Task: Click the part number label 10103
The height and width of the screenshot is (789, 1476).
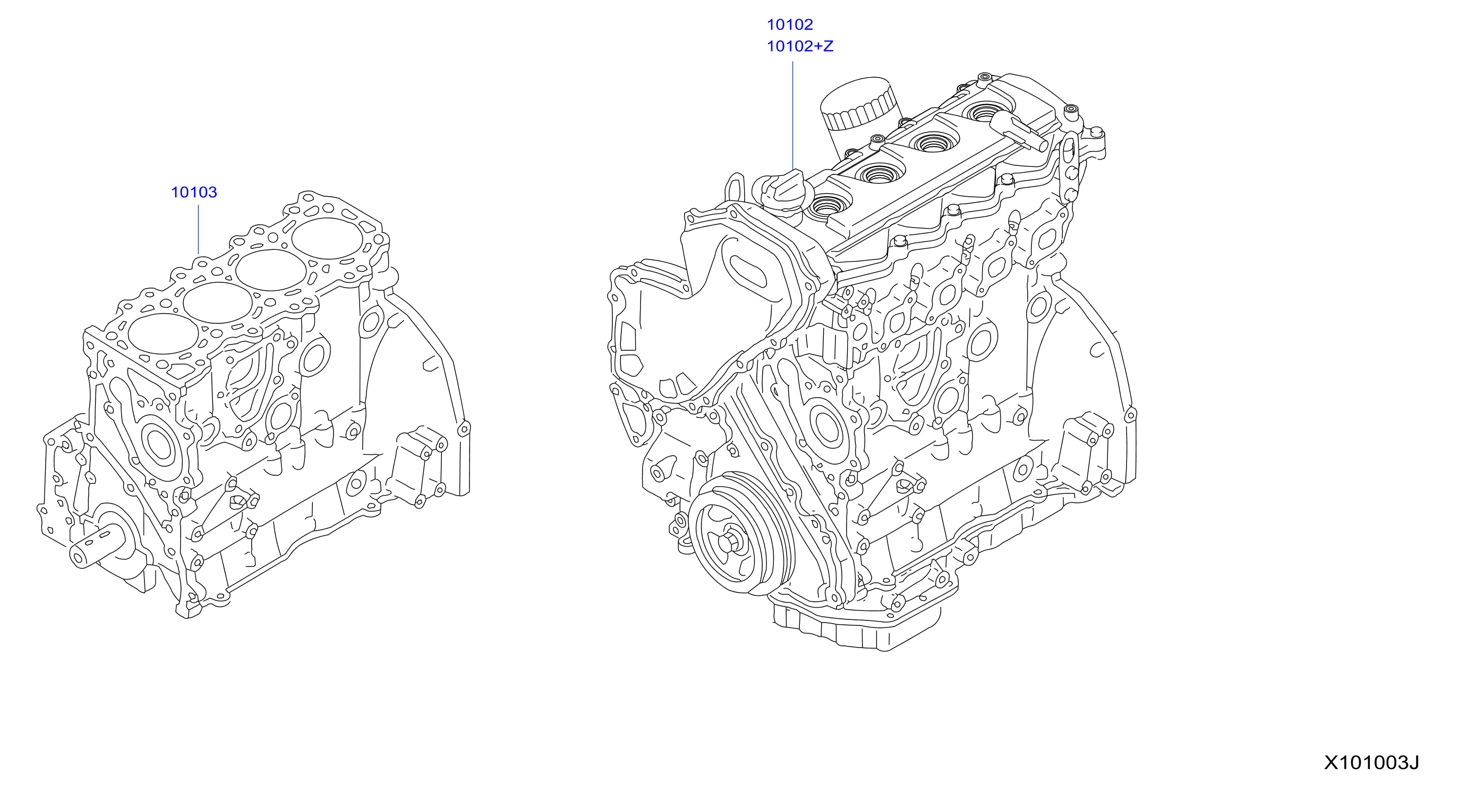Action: (x=194, y=192)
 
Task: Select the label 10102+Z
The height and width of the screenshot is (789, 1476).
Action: (x=800, y=46)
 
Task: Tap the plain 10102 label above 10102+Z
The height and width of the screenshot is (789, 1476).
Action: (x=790, y=24)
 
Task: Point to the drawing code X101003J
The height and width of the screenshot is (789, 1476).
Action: (x=1371, y=762)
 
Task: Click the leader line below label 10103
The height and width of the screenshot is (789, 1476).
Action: (x=198, y=229)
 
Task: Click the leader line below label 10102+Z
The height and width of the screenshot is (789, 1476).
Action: (x=793, y=115)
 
